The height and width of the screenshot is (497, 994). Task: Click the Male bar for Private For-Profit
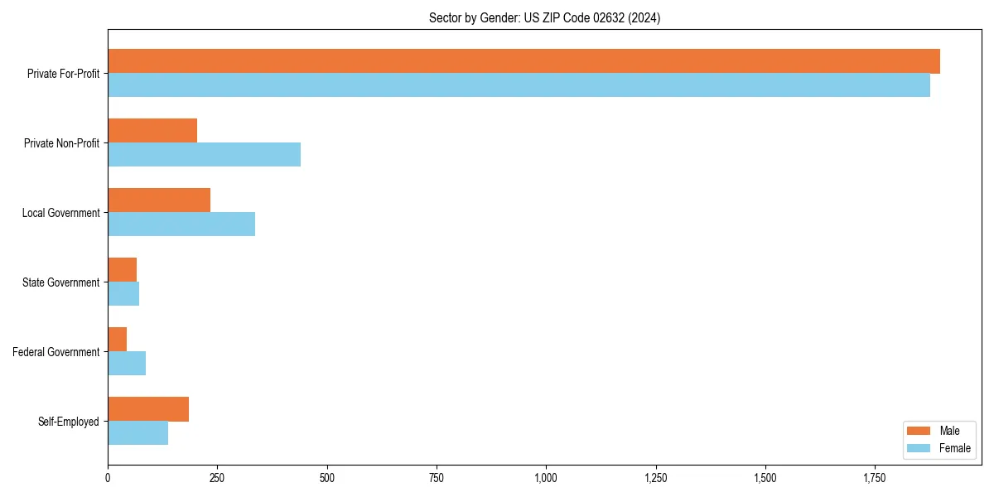tap(524, 61)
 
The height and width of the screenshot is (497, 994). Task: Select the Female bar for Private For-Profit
tap(519, 85)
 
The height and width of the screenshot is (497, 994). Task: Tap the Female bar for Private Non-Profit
tap(204, 155)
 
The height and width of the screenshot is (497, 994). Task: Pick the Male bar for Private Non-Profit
tap(152, 131)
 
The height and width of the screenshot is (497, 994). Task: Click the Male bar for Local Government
tap(159, 200)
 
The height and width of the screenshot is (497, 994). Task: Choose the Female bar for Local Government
tap(181, 224)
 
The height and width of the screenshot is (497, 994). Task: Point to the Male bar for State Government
tap(123, 270)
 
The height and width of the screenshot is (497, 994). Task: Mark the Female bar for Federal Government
tap(127, 364)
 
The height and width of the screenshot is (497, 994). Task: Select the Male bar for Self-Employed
tap(148, 409)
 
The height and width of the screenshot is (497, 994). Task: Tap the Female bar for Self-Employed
tap(138, 433)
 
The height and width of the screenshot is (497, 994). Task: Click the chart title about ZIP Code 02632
tap(544, 17)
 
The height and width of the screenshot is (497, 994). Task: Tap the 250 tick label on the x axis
tap(217, 479)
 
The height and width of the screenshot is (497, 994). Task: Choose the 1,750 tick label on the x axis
tap(875, 479)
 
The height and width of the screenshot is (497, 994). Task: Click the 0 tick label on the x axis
tap(108, 479)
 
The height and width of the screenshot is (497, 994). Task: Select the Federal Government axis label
tap(55, 352)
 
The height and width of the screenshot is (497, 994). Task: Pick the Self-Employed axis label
tap(68, 422)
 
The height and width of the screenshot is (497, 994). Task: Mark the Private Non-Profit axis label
tap(61, 143)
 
